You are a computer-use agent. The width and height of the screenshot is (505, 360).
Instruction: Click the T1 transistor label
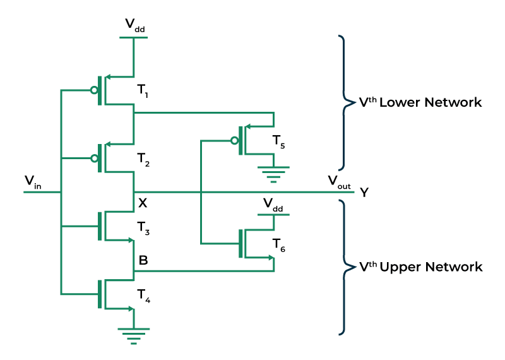click(143, 91)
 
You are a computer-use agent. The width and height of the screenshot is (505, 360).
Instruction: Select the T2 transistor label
click(143, 160)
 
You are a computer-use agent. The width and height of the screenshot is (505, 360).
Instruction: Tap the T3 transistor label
click(143, 228)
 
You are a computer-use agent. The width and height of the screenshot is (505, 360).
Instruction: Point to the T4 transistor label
click(144, 296)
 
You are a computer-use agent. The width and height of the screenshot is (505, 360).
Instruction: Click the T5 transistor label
click(278, 142)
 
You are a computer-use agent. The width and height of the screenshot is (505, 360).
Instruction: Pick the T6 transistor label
click(278, 245)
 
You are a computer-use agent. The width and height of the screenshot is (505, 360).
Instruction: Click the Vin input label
click(33, 182)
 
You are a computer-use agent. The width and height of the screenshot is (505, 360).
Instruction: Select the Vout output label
click(339, 183)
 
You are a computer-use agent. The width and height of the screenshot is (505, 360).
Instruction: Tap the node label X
click(143, 203)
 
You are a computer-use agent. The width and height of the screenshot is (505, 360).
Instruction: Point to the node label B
click(143, 260)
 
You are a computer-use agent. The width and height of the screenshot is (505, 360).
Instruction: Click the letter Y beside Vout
click(364, 193)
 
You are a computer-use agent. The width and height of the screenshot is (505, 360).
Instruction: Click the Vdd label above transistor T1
click(135, 25)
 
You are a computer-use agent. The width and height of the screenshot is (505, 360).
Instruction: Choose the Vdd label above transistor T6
click(273, 205)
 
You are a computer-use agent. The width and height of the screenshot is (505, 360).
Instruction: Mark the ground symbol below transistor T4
click(134, 336)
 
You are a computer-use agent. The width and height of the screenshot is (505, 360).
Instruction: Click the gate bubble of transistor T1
click(94, 90)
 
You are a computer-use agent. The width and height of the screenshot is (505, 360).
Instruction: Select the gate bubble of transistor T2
click(94, 159)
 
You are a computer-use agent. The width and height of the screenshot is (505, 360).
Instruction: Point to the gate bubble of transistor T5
click(235, 140)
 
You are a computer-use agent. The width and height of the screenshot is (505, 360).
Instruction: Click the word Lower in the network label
click(400, 102)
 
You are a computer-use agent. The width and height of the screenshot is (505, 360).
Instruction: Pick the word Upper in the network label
click(400, 268)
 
